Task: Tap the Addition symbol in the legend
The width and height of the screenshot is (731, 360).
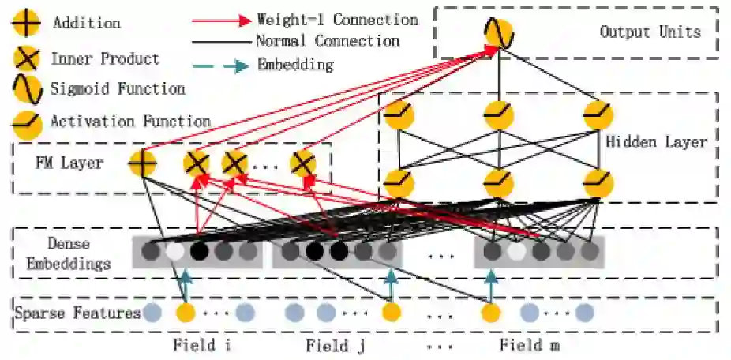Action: click(x=25, y=24)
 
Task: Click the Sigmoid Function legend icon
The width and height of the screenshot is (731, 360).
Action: click(x=25, y=89)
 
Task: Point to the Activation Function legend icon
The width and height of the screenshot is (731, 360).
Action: click(x=25, y=122)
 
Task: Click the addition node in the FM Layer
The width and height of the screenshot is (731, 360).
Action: click(x=143, y=163)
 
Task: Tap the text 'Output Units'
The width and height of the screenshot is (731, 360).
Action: click(x=650, y=32)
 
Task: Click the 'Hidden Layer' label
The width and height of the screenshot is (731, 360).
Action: click(x=656, y=142)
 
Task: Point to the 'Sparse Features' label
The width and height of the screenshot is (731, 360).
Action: click(x=77, y=313)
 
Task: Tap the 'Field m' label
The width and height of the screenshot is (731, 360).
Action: click(x=532, y=345)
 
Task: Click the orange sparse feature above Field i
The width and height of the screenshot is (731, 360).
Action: click(x=186, y=313)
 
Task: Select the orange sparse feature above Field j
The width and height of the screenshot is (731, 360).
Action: click(x=390, y=313)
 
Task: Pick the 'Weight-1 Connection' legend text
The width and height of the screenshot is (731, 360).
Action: click(x=337, y=19)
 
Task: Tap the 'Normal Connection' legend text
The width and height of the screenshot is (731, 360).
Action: click(x=328, y=40)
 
